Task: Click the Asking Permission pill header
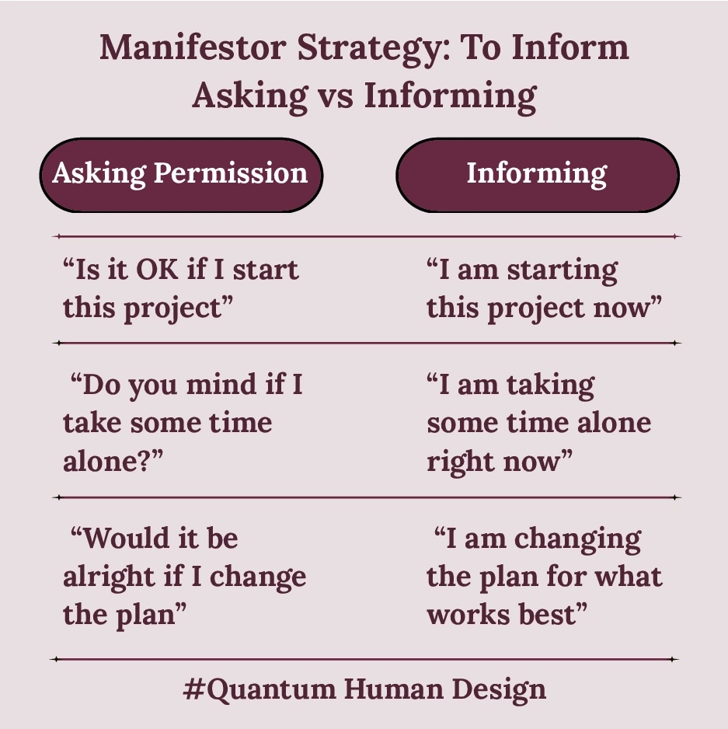click(180, 173)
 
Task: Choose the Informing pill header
click(537, 173)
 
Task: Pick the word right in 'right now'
click(462, 462)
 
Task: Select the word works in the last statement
click(465, 615)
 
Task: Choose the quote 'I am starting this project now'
click(543, 289)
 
